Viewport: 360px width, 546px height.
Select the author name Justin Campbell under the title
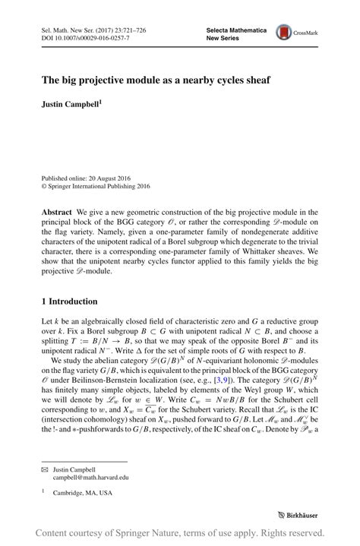point(71,99)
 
